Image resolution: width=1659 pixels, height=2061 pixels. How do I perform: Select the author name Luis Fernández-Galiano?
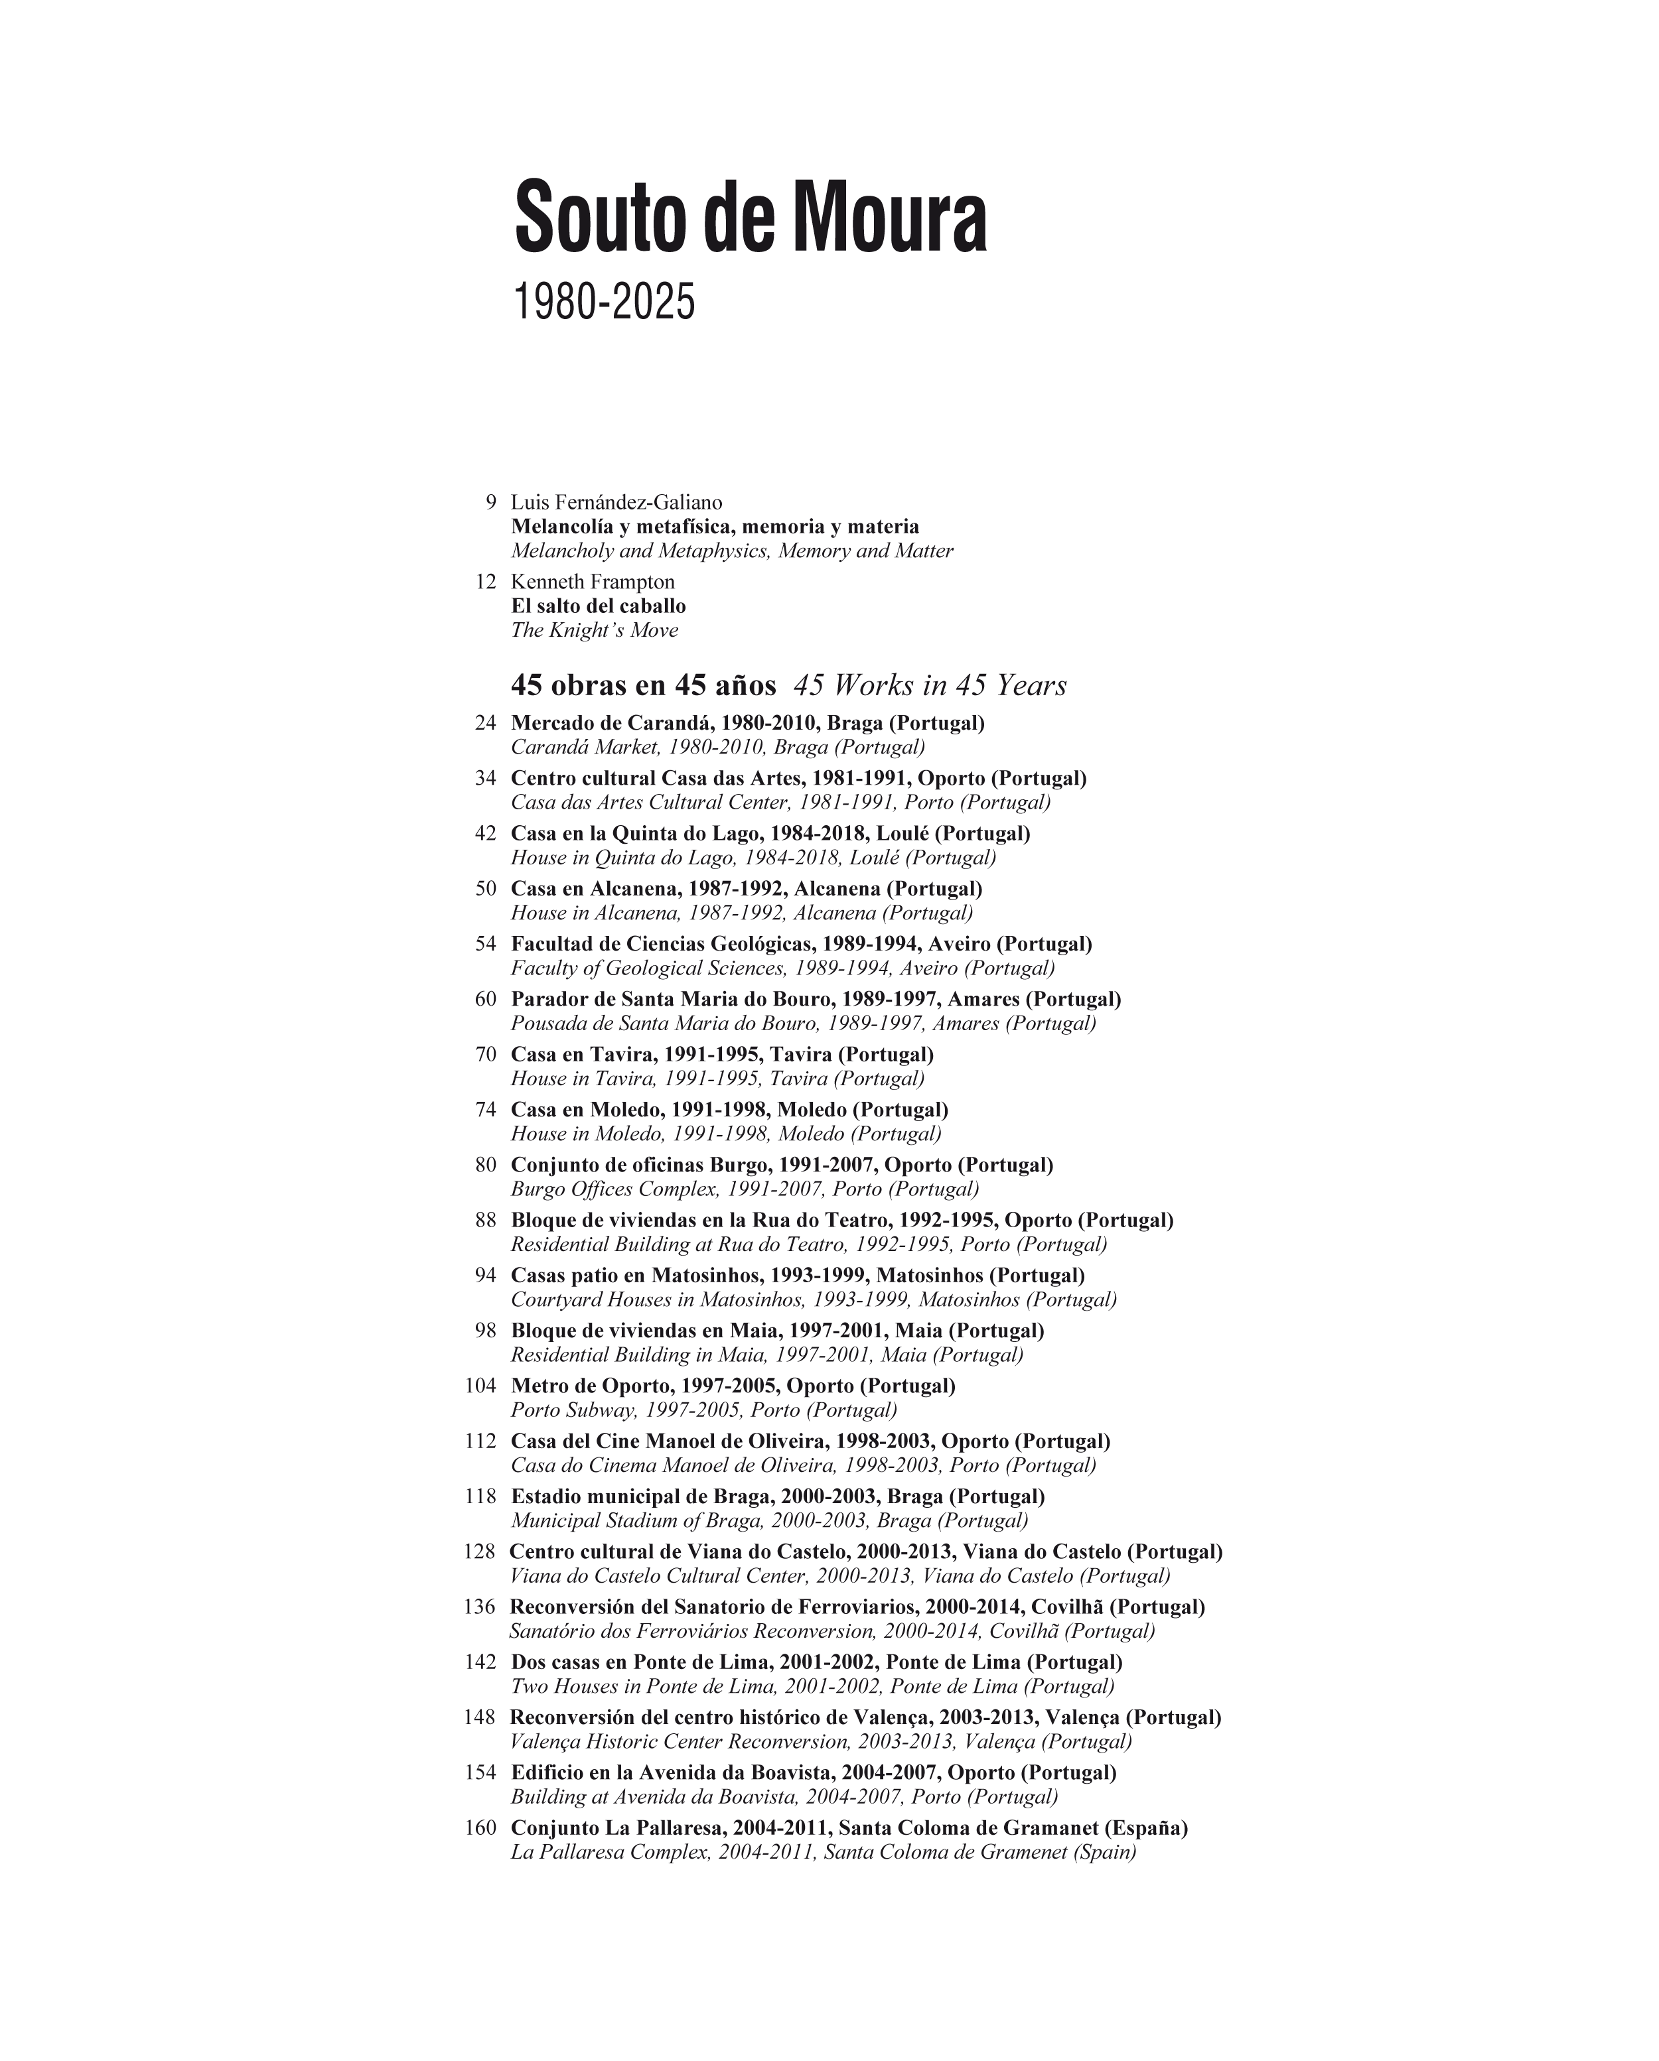[616, 502]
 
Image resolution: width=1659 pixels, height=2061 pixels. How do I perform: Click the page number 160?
[480, 1828]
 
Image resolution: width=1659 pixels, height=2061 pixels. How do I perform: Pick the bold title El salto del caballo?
[598, 606]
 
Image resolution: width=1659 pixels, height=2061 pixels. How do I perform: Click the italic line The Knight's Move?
[594, 630]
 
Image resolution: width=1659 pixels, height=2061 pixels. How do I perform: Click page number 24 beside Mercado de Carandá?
[485, 722]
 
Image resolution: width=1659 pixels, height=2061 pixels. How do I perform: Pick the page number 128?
[479, 1552]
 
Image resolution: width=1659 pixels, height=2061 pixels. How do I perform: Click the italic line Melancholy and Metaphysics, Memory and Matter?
[731, 551]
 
